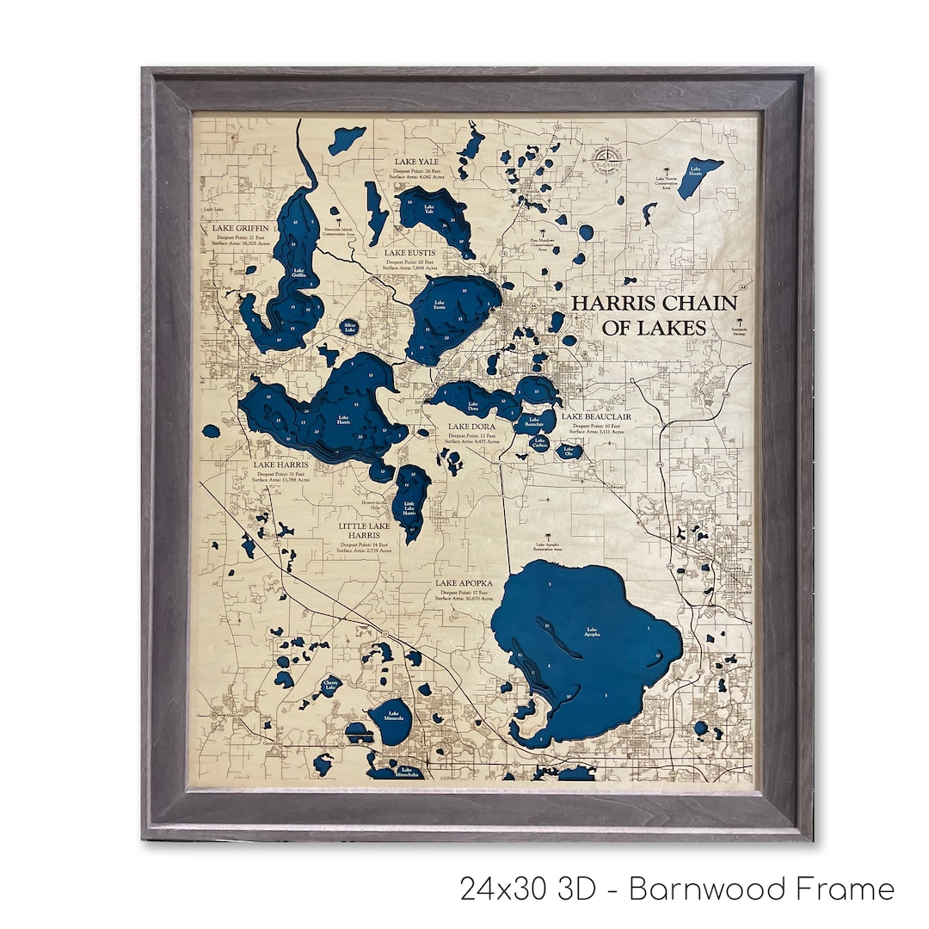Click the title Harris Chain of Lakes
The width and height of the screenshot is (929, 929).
(x=654, y=315)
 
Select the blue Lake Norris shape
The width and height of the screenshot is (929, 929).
(x=698, y=177)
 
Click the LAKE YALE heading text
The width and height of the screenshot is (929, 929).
(x=416, y=161)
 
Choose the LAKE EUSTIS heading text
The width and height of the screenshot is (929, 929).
(x=409, y=253)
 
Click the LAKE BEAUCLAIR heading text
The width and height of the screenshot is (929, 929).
(x=597, y=417)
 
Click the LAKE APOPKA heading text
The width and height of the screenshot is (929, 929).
(x=464, y=583)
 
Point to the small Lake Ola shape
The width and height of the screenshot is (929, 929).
(x=569, y=450)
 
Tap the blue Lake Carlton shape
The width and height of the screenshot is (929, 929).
(x=539, y=443)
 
